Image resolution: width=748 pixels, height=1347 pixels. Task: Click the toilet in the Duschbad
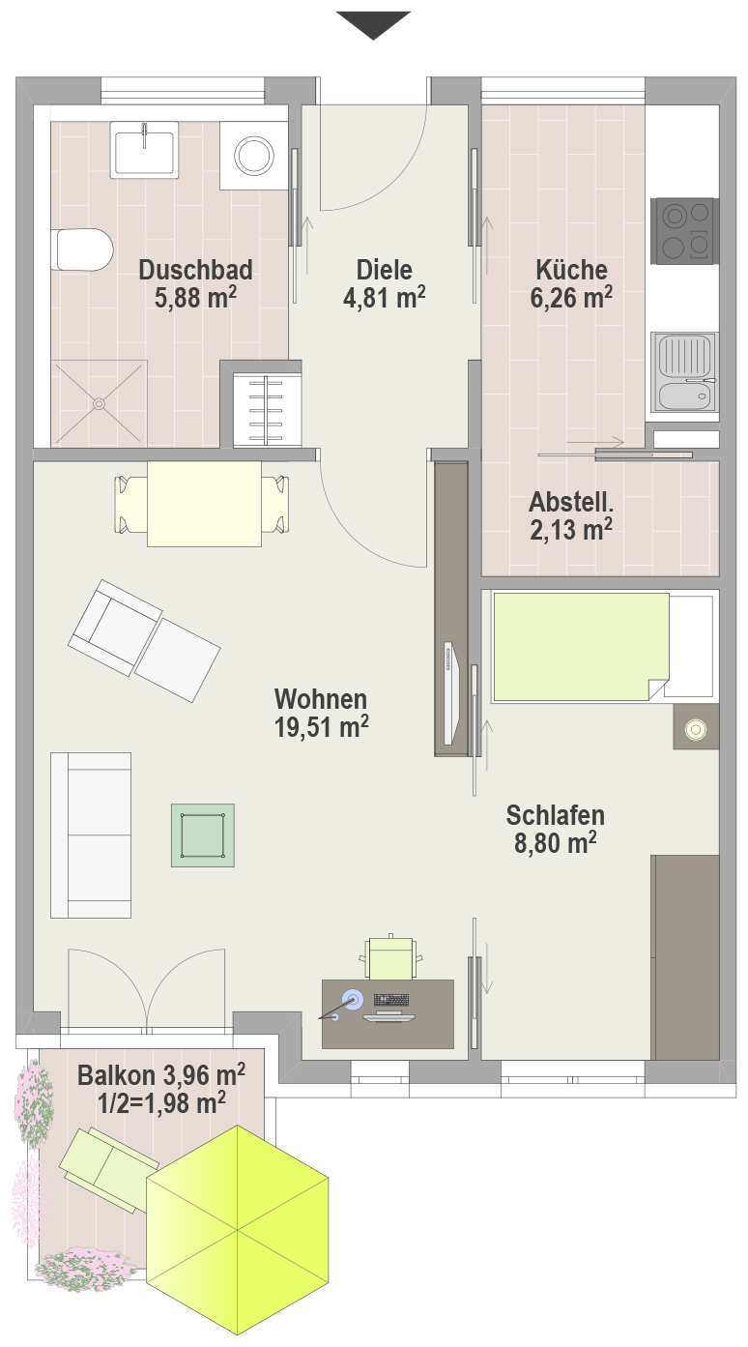(x=85, y=249)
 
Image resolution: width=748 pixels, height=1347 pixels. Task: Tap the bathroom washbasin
(x=144, y=150)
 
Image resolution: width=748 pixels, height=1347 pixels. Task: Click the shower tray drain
(x=100, y=403)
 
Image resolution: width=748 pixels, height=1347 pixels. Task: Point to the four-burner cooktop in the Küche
(x=685, y=231)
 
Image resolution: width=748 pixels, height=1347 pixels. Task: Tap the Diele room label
(x=384, y=270)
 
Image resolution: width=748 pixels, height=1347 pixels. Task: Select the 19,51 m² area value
(x=322, y=727)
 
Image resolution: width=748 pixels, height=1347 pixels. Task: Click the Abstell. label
(x=571, y=502)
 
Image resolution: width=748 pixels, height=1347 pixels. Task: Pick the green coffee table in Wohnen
(x=203, y=835)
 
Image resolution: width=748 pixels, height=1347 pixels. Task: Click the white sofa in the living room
(x=91, y=835)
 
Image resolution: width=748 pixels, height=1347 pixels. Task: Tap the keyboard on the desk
(x=391, y=1000)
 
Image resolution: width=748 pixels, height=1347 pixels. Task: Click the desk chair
(x=390, y=956)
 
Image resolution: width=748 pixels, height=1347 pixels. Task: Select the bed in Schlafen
(x=605, y=647)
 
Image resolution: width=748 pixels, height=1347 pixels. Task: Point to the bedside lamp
(x=696, y=729)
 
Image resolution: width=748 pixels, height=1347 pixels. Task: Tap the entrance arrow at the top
(x=373, y=25)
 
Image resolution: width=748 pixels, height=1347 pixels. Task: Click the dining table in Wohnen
(x=204, y=504)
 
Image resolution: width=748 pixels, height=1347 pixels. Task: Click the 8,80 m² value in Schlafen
(x=555, y=842)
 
